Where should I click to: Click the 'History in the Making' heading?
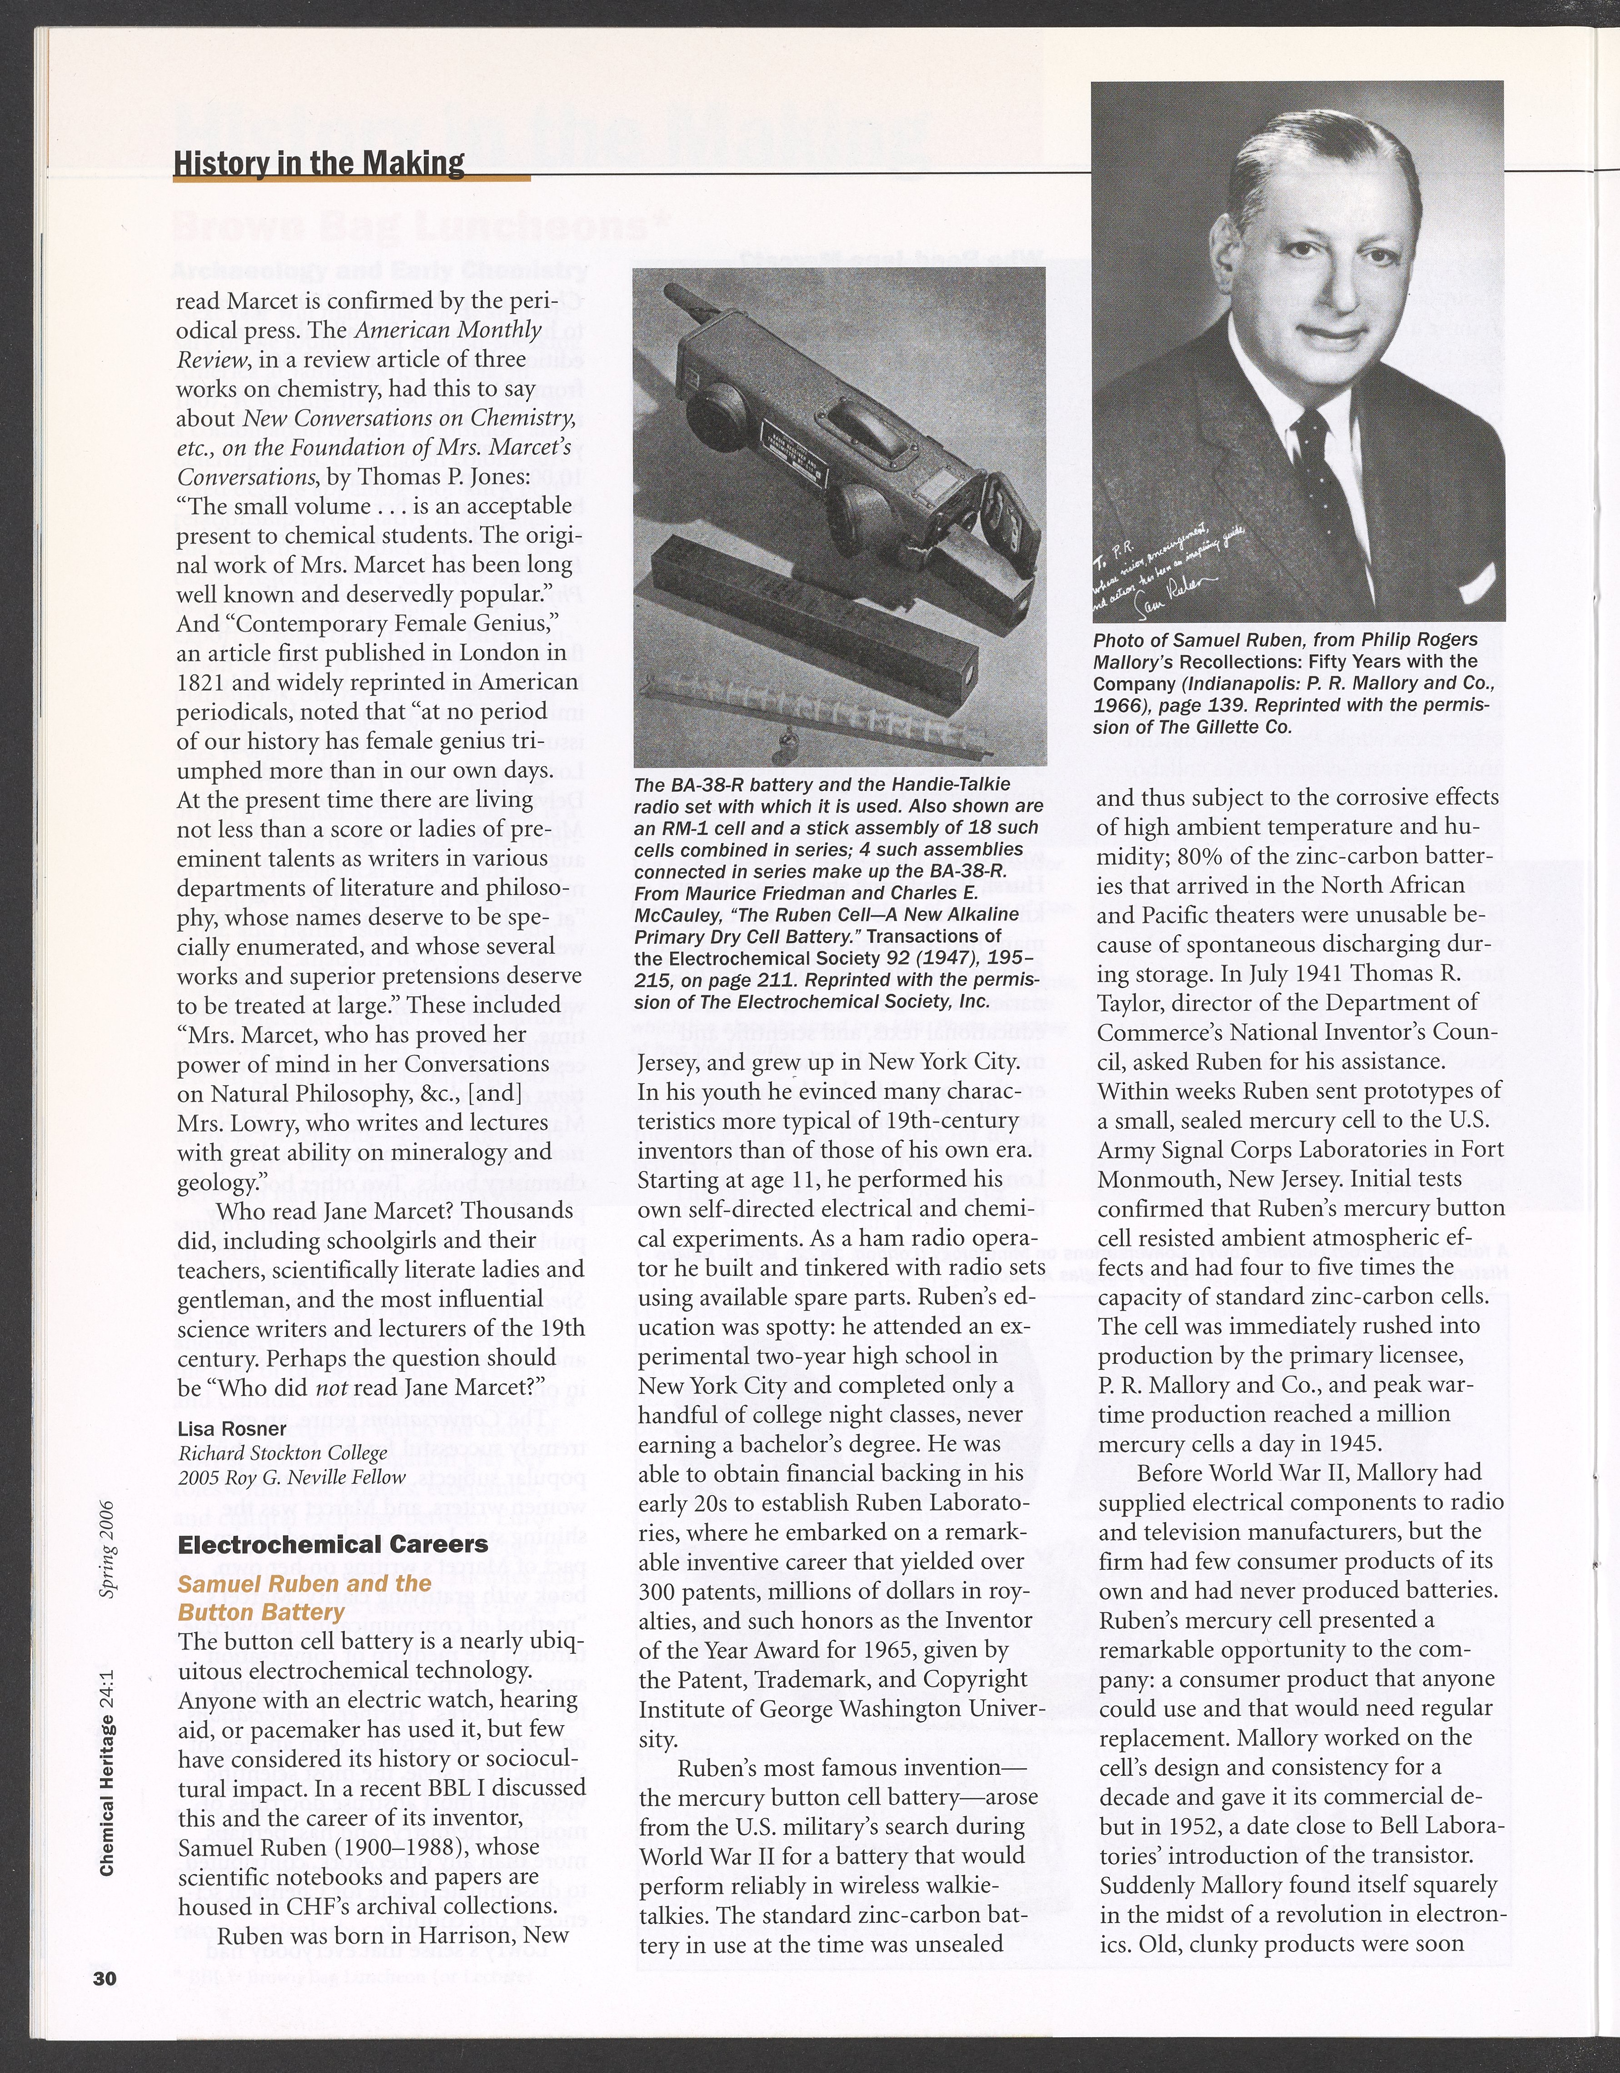(x=319, y=163)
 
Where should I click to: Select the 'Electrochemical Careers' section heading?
(x=333, y=1544)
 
